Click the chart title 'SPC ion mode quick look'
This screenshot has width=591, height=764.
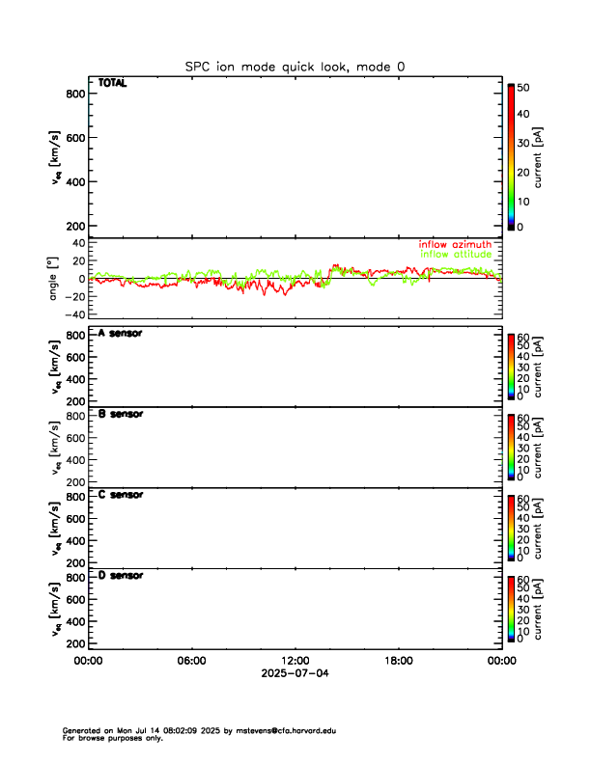295,67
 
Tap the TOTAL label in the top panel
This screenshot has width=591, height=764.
112,83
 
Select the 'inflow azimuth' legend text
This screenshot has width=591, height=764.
455,244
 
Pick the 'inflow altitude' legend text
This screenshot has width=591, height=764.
456,254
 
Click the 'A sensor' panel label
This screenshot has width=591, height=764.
121,334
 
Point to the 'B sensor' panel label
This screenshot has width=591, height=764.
121,414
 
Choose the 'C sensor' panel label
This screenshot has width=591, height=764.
121,495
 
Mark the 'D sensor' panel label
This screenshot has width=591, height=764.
121,575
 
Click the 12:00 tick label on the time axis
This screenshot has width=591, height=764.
295,661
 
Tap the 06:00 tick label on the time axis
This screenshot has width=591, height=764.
191,661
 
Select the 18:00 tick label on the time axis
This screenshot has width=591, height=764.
398,661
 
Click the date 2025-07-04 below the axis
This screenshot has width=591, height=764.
295,673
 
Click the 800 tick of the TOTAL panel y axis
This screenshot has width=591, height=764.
75,94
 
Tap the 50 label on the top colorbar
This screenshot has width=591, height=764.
522,87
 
